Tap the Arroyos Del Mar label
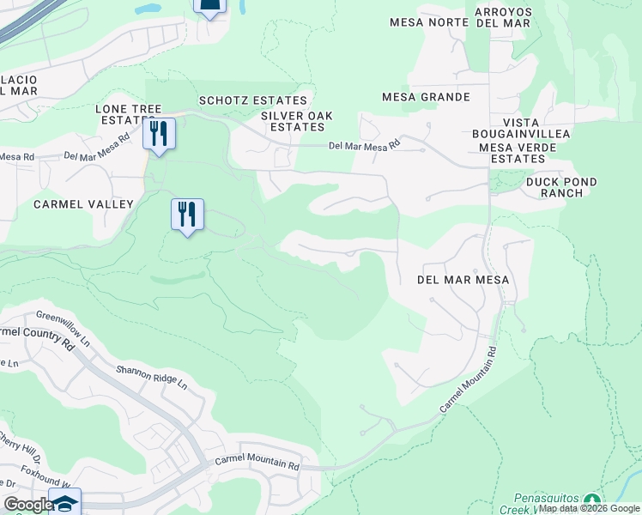point(503,17)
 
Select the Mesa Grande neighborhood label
point(426,97)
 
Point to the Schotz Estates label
point(252,100)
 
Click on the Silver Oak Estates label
point(296,121)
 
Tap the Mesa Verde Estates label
point(518,153)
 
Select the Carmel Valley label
point(83,204)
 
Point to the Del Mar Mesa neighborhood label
point(463,280)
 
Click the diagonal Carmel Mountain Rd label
point(469,379)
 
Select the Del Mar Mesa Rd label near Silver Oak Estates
point(365,147)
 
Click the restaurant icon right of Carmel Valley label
point(187,214)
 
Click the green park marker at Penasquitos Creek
point(591,500)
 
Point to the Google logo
point(27,505)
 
